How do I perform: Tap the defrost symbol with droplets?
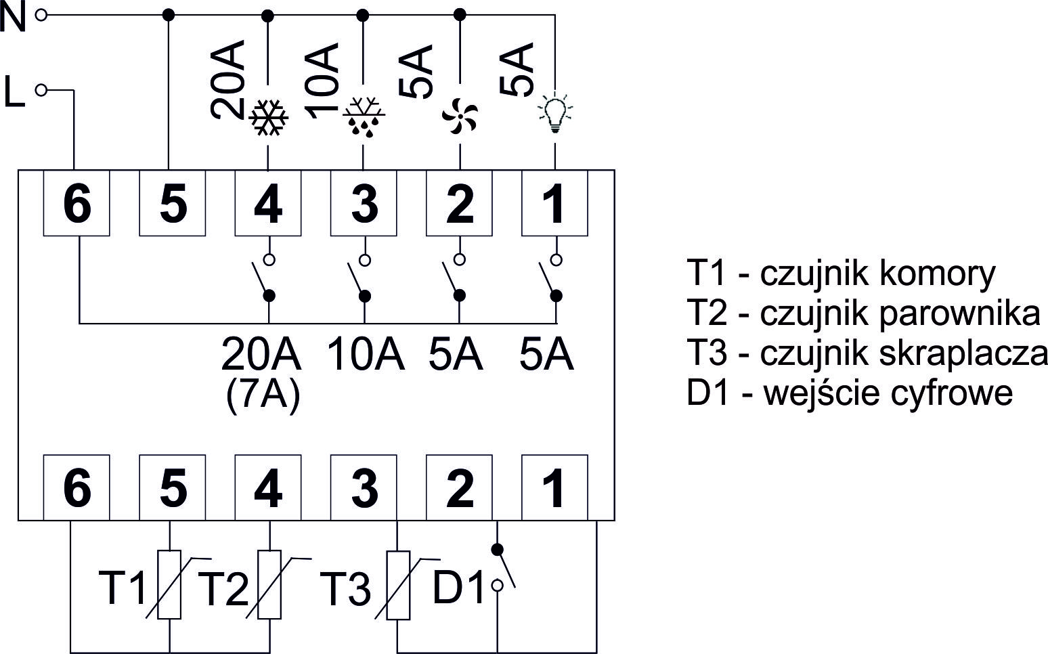364,116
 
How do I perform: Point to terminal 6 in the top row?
77,203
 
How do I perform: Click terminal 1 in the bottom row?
554,487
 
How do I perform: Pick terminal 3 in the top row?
364,203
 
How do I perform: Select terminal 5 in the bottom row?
173,487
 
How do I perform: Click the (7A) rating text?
262,395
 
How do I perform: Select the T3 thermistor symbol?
398,586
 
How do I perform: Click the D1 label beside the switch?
458,588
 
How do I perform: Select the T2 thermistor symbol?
269,586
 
